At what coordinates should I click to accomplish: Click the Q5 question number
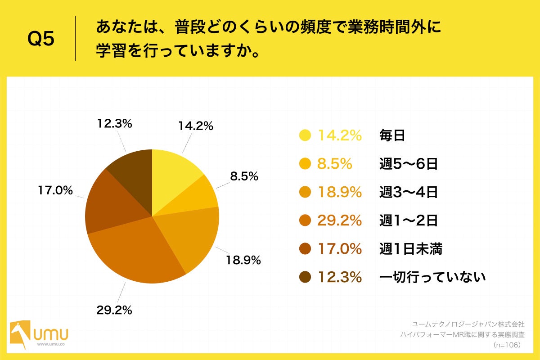pos(40,39)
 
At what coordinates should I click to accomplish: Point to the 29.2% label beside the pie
pos(113,310)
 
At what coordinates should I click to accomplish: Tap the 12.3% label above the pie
pos(114,124)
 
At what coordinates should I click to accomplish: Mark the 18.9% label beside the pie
pos(243,260)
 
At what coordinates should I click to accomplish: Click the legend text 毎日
pos(392,135)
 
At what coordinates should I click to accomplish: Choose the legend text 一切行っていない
pos(432,277)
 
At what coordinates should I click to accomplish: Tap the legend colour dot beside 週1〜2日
pos(305,220)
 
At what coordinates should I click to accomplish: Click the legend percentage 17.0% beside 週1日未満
pos(339,249)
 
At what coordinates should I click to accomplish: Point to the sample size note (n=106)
pos(507,345)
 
